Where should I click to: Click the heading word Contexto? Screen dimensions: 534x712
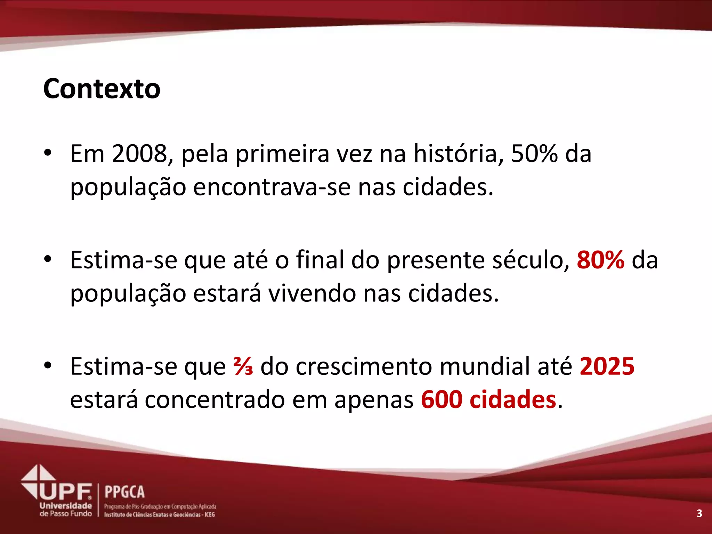pos(102,89)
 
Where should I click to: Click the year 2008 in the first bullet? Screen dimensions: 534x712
pos(139,154)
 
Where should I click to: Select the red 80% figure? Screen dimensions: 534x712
pos(600,260)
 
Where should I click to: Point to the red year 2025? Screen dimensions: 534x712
pos(607,366)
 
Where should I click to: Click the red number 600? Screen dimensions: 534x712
pos(442,400)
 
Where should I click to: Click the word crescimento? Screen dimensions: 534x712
pos(364,366)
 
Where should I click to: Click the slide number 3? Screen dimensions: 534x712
pos(699,513)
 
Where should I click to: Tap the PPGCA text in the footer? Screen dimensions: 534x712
pos(124,492)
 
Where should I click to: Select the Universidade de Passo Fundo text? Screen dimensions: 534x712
pos(66,510)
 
